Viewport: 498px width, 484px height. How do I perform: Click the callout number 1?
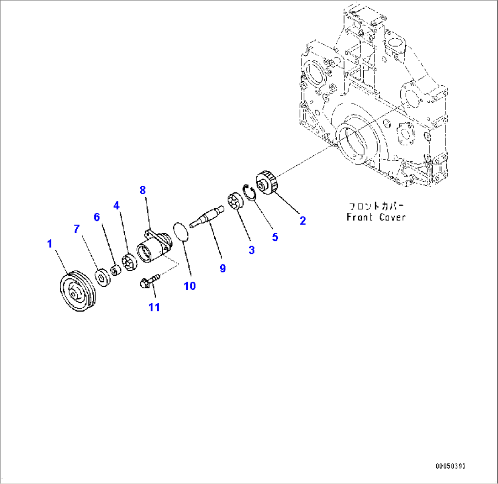pyautogui.click(x=50, y=244)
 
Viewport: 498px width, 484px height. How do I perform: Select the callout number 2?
pyautogui.click(x=302, y=221)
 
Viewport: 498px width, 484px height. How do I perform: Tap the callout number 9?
pyautogui.click(x=223, y=268)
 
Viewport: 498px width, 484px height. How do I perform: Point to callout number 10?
pyautogui.click(x=190, y=286)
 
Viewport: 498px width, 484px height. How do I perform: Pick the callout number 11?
pyautogui.click(x=154, y=307)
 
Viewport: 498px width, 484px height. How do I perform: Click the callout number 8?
pyautogui.click(x=143, y=190)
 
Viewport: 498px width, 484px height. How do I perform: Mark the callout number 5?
pyautogui.click(x=275, y=237)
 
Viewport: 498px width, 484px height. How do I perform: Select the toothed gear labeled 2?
pyautogui.click(x=266, y=184)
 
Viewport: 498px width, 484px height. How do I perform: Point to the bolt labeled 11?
pyautogui.click(x=148, y=280)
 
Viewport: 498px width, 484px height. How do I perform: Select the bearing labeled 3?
pyautogui.click(x=234, y=202)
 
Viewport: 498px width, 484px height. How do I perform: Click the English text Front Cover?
pyautogui.click(x=376, y=217)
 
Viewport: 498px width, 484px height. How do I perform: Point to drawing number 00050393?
pyautogui.click(x=450, y=467)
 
